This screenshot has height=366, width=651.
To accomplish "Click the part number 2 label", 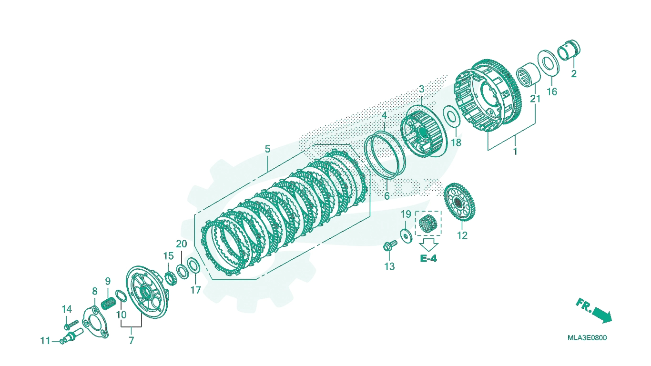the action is click(573, 74).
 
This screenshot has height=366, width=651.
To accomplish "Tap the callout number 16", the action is click(552, 92).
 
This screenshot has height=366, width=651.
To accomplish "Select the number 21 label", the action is click(535, 99).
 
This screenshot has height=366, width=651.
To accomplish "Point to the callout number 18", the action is click(456, 142).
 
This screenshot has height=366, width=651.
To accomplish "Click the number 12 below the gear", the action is click(462, 235).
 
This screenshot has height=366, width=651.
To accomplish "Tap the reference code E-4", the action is click(428, 258).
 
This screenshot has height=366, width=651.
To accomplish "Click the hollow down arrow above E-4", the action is click(428, 245).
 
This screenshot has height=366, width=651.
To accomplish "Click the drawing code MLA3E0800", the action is click(587, 338).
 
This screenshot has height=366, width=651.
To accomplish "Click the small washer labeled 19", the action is click(406, 235).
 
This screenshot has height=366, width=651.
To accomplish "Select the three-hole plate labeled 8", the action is click(95, 322).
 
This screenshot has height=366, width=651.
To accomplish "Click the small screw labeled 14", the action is click(71, 325).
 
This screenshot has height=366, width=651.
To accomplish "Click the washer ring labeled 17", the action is click(193, 266).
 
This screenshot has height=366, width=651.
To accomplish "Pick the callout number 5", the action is click(267, 149).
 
